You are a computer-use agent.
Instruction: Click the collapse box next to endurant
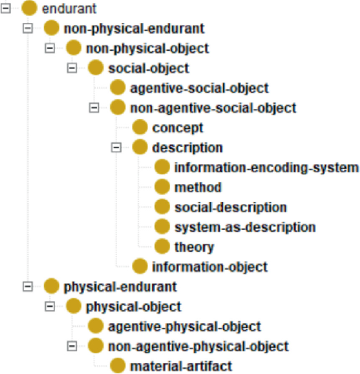coord(7,9)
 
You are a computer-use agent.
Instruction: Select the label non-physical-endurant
coord(133,28)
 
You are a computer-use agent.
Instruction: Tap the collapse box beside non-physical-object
coord(50,48)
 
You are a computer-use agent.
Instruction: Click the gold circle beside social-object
coord(96,68)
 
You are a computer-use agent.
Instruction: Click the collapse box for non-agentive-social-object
coord(95,108)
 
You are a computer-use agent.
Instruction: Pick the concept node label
coord(178,128)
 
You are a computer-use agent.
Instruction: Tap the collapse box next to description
coord(117,148)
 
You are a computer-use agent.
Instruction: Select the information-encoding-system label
coord(266,168)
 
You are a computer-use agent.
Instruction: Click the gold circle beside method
coord(162,187)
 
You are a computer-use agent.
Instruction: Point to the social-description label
coord(231,207)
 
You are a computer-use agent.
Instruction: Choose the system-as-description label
coord(245,227)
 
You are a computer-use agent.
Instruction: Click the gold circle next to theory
coord(162,247)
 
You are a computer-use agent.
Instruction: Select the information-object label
coord(210,267)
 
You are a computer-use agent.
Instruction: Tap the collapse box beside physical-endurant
coord(28,287)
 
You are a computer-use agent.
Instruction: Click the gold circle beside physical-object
coord(74,306)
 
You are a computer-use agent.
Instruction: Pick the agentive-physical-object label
coord(184,326)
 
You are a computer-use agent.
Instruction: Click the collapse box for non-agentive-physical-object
coord(73,346)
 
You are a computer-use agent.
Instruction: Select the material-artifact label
coord(181,366)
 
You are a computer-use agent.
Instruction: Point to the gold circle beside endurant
coord(30,9)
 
